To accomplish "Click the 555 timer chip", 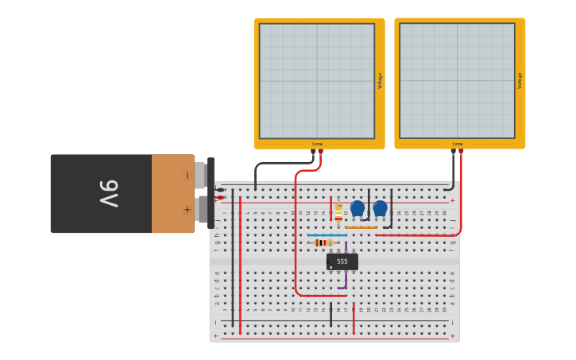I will [x=342, y=261].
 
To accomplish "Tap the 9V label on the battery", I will [x=109, y=193].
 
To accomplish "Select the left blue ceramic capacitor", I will [x=358, y=208].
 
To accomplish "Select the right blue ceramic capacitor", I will [x=381, y=208].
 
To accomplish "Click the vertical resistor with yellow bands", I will [x=338, y=211].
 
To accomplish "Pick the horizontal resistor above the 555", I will [x=323, y=242].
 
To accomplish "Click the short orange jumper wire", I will [x=361, y=227].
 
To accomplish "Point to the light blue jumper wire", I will [x=327, y=235].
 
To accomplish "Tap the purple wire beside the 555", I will [x=346, y=280].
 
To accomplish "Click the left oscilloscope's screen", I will [x=316, y=81].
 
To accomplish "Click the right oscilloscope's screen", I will [x=457, y=80].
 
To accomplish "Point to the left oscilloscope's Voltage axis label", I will [x=380, y=81].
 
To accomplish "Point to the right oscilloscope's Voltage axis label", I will [x=520, y=80].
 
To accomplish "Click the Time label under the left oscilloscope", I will [x=317, y=144].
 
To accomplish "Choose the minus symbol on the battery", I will [x=187, y=176].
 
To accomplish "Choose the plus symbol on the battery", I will [x=187, y=210].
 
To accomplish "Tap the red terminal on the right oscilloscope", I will [x=461, y=151].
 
